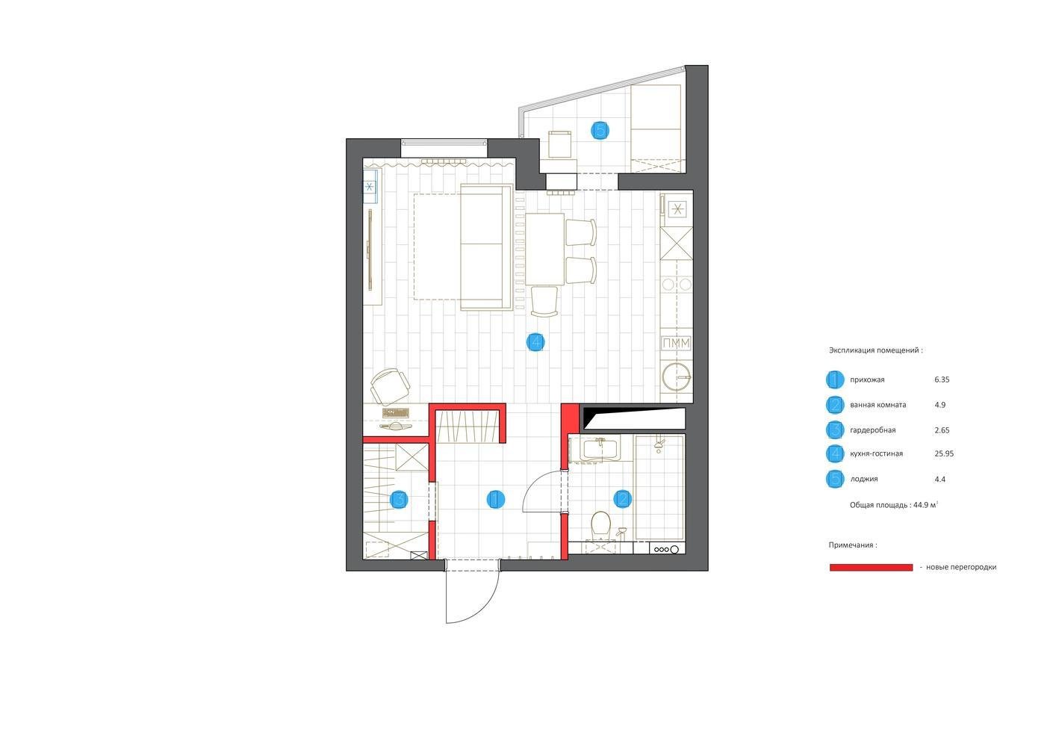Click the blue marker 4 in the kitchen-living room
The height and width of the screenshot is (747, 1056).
(x=535, y=342)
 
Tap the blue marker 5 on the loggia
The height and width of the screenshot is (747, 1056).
(x=600, y=130)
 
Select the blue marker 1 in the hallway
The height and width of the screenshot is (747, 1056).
(x=495, y=500)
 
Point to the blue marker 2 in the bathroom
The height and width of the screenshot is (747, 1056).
(x=622, y=499)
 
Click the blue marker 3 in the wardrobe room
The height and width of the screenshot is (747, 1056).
(x=399, y=500)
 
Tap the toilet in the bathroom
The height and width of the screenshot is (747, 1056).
(x=600, y=525)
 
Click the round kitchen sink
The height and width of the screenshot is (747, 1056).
(x=677, y=377)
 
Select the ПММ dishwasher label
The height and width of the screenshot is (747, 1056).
(x=677, y=344)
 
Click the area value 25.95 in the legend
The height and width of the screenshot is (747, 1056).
(x=944, y=453)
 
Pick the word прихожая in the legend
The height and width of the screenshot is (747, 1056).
(x=867, y=379)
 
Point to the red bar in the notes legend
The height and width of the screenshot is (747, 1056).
(x=871, y=567)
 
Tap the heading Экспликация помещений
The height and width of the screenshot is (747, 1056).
(x=875, y=350)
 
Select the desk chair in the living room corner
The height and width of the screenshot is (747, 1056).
(x=390, y=386)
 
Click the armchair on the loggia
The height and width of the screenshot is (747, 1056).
(x=559, y=144)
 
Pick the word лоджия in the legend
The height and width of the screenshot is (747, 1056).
(x=863, y=479)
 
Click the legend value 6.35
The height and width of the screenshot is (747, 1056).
(x=942, y=379)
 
